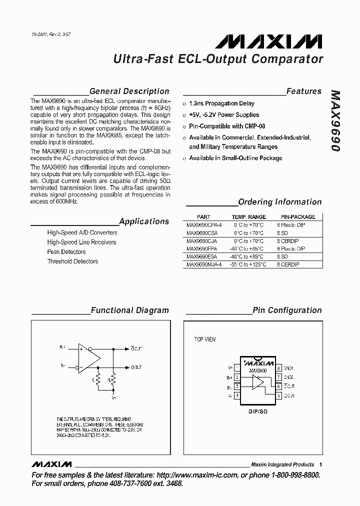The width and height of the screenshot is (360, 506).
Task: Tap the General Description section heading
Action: point(129,91)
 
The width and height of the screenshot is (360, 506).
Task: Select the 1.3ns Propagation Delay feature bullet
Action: point(221,103)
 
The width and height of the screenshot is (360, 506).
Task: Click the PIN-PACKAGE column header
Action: point(297,217)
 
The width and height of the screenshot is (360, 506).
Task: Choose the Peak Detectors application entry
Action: point(66,252)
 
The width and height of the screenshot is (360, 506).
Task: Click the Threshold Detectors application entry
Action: point(72,261)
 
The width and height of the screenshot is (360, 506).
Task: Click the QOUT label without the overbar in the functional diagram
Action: point(136,367)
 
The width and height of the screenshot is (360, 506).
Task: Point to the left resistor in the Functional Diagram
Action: point(98,380)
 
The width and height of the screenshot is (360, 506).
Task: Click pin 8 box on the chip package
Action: point(278,367)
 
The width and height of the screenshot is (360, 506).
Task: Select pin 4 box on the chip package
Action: point(236,396)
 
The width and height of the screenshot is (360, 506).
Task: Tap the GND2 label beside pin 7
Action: point(289,377)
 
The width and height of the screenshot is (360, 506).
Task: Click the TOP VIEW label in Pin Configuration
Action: point(205,339)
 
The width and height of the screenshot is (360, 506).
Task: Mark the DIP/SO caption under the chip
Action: point(257,412)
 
